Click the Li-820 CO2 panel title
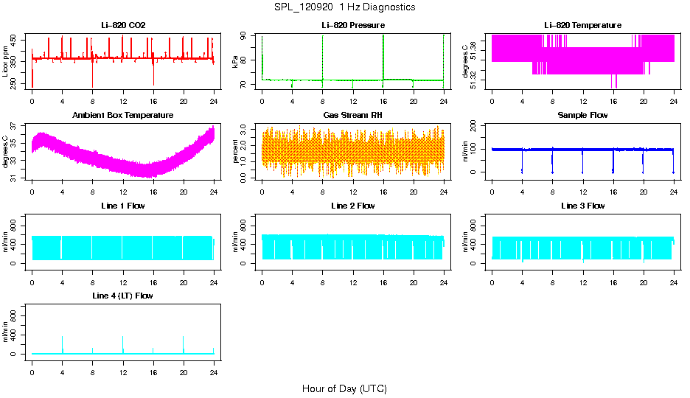click(123, 26)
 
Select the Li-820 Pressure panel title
click(352, 26)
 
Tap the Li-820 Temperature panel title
click(582, 26)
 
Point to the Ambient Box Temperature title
click(123, 116)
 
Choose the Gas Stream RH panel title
click(352, 116)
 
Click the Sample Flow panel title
click(582, 116)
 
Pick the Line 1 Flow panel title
click(123, 206)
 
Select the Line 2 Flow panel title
click(352, 206)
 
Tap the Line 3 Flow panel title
click(582, 206)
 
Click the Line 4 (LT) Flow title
click(123, 296)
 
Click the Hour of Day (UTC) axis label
click(344, 388)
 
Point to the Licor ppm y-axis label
click(7, 62)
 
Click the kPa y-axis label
click(236, 62)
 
